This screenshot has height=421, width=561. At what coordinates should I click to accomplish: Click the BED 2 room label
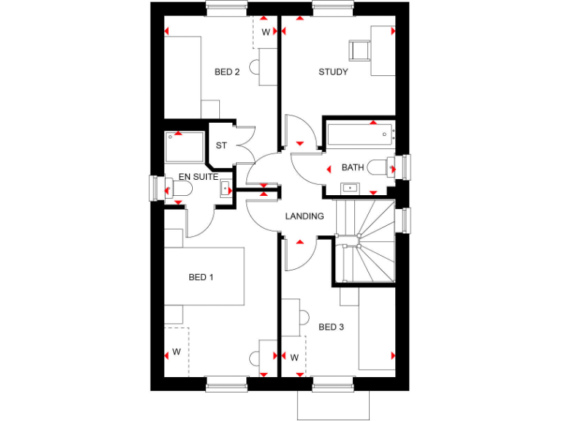tap(227, 72)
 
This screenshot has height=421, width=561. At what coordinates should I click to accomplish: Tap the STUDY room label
tap(333, 72)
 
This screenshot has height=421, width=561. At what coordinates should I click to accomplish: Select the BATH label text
tap(353, 167)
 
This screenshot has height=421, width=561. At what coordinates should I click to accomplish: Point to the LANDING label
tap(305, 216)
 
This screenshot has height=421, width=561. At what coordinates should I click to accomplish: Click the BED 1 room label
tap(202, 277)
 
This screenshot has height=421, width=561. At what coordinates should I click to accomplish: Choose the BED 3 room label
tap(331, 327)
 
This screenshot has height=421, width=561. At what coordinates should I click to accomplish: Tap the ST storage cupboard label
tap(221, 145)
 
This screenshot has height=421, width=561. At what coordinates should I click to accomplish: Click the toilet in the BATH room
tap(381, 167)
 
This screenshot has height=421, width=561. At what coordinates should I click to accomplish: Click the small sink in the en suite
tap(224, 189)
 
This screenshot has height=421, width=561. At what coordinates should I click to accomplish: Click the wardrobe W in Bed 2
tap(265, 32)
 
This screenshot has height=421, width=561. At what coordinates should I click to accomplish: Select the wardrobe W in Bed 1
tap(176, 352)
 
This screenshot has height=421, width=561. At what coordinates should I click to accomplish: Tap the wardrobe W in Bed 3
tap(294, 357)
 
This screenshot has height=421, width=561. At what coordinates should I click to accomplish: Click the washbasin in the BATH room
tap(351, 188)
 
